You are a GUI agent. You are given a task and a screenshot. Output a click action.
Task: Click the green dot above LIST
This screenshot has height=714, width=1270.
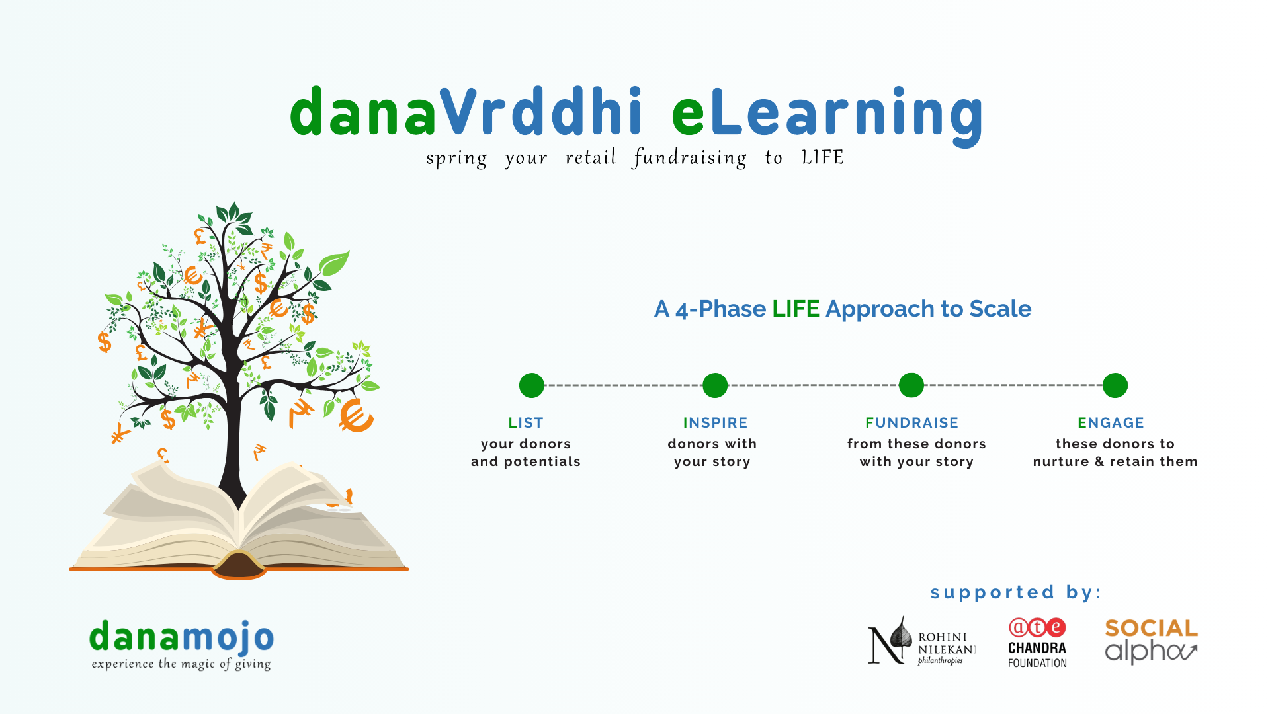532,385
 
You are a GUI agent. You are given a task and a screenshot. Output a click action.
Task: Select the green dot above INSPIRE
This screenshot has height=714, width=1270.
715,385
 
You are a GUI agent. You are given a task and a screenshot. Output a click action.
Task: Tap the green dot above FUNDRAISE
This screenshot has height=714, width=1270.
911,385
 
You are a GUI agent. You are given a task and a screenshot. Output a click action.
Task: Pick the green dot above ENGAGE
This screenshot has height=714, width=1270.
1115,385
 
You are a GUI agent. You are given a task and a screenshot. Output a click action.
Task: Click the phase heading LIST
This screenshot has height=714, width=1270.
526,423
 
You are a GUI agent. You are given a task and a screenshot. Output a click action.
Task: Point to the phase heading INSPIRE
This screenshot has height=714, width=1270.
716,423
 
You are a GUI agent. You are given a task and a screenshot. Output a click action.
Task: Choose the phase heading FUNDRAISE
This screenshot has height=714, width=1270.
912,423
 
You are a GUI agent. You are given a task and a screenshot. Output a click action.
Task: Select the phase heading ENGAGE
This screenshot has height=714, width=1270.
1111,423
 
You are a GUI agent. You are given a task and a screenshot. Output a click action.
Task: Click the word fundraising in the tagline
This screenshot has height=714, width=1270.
690,158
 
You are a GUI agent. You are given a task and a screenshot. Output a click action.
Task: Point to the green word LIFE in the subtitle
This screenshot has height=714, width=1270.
796,309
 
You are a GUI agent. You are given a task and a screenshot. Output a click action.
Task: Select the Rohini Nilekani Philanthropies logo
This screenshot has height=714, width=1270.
921,641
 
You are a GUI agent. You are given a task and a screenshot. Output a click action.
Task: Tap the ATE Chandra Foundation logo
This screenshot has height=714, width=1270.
1037,643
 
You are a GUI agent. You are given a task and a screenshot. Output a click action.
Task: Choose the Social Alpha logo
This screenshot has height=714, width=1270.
1152,641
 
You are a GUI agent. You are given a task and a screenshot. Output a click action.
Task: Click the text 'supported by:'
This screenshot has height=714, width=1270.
1016,592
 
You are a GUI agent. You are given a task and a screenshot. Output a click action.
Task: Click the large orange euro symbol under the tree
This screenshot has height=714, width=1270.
356,415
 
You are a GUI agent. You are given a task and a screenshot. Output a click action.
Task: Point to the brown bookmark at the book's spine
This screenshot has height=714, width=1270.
239,565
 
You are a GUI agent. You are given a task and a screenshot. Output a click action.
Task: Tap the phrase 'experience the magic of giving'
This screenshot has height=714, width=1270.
181,664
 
